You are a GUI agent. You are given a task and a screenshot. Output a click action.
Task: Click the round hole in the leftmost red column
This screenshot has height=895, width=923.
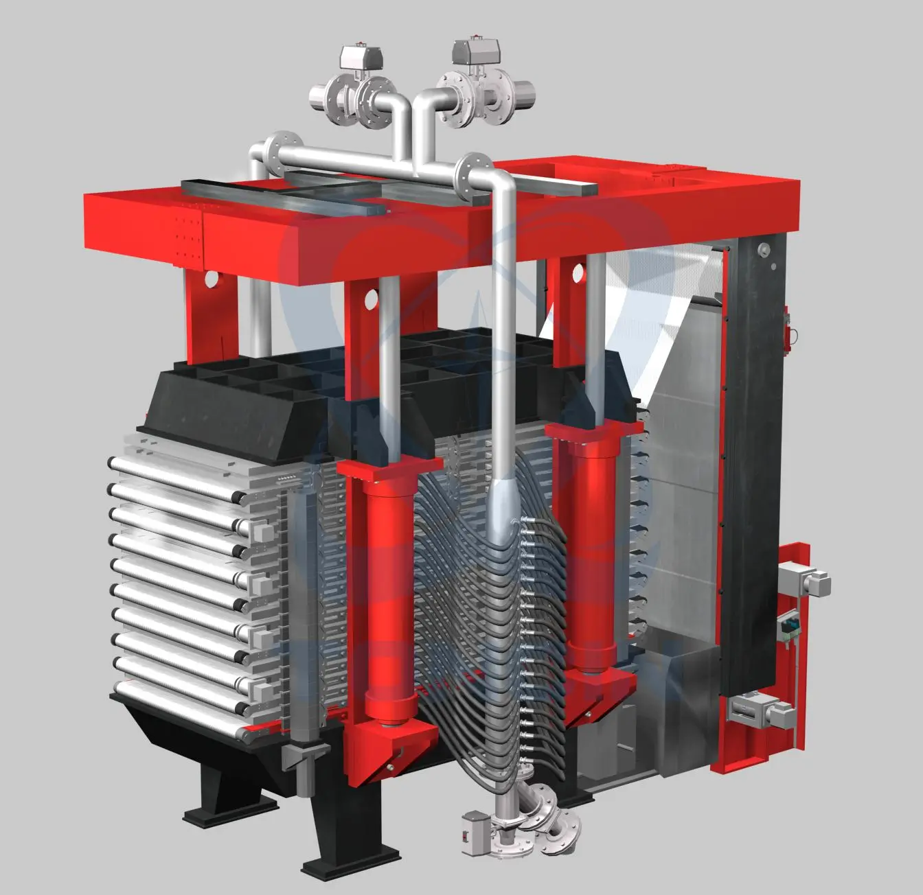[211, 279]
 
